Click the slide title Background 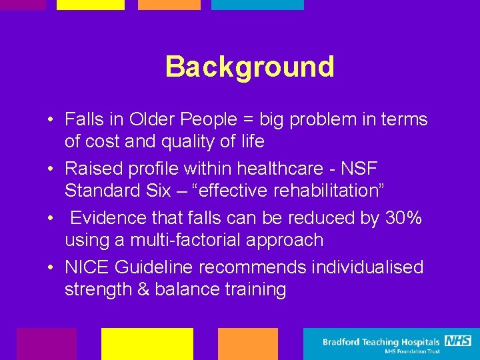(x=249, y=67)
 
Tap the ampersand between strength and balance (x=146, y=290)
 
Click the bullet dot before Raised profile (x=51, y=169)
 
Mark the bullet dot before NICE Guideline (x=51, y=268)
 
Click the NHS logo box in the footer (x=458, y=341)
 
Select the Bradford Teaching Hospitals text (x=381, y=342)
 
